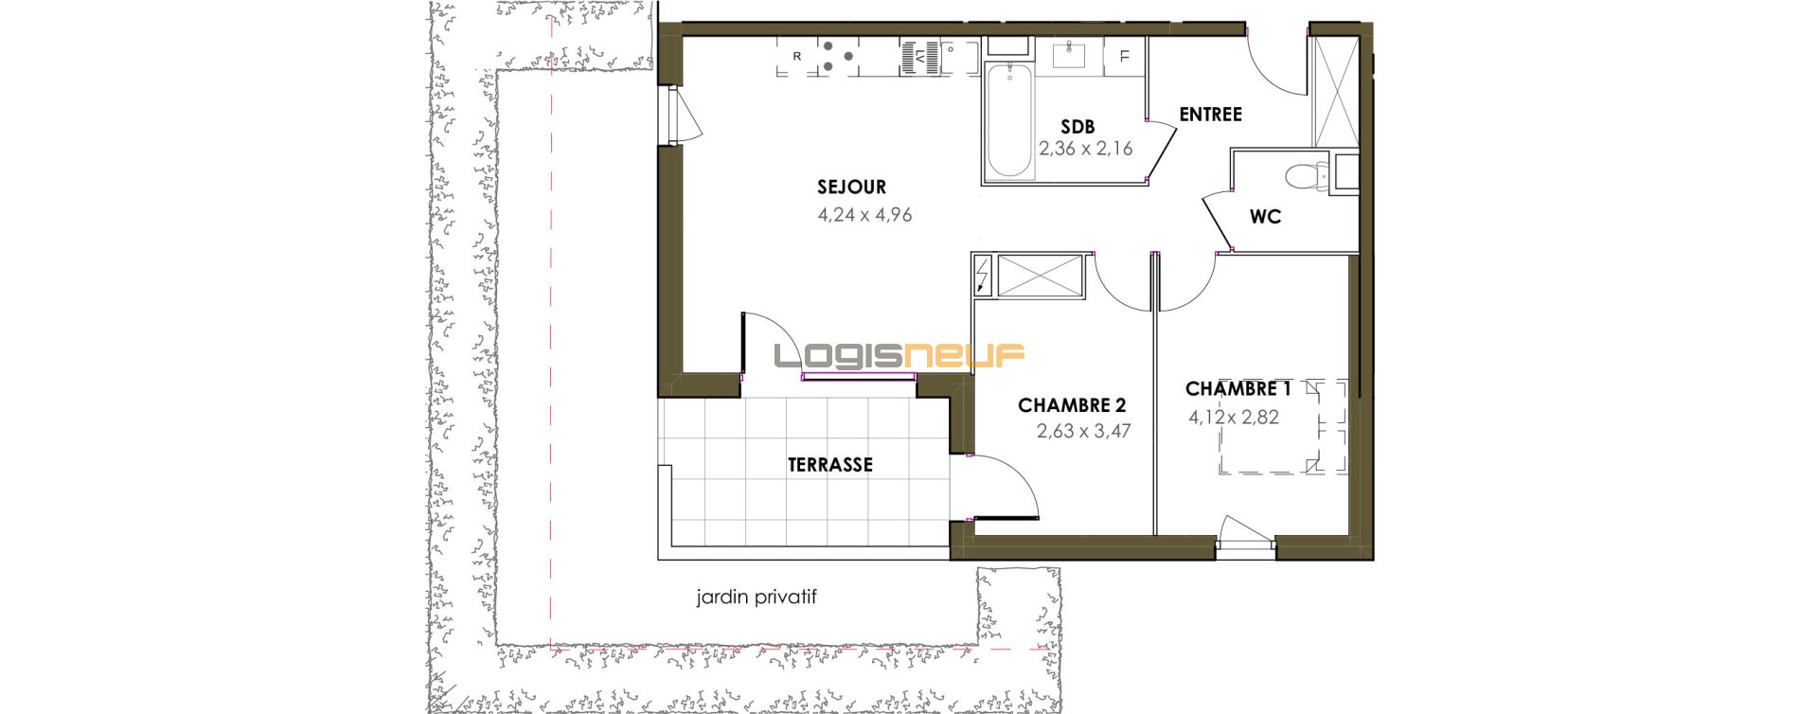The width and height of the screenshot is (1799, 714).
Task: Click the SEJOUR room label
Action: coord(852,187)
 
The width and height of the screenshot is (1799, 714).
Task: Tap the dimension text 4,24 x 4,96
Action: coord(864,215)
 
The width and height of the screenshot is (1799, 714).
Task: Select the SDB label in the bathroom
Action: coord(1078,127)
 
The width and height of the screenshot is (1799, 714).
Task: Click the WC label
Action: coord(1265,217)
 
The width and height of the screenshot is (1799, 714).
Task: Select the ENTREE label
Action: coord(1210,115)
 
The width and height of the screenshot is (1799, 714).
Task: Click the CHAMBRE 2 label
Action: coord(1072,405)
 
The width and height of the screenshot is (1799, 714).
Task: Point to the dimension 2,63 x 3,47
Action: coord(1083,432)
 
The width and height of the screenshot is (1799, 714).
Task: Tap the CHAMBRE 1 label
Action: coord(1238,389)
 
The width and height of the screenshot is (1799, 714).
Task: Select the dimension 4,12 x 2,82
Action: coord(1234,417)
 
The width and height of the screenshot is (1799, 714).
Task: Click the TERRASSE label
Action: coord(830,465)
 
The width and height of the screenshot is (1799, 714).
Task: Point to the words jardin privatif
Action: coord(756,598)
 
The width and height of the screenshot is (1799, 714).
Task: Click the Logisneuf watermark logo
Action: coord(899,355)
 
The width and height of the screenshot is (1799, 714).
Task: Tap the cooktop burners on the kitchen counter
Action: coord(836,56)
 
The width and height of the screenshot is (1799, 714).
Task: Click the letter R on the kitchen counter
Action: coord(797,57)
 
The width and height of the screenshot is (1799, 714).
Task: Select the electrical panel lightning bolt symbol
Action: coord(983,276)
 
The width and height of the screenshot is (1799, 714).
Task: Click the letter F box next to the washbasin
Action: coord(1124,57)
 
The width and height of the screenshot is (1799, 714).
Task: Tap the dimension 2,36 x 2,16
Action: coord(1085,149)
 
